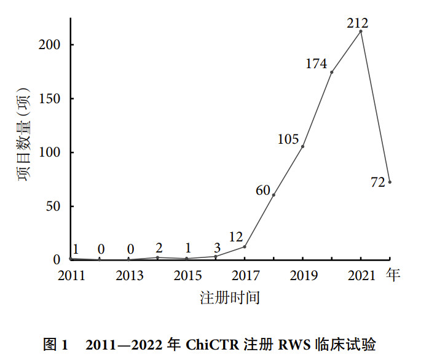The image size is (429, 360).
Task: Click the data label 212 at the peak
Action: click(x=357, y=23)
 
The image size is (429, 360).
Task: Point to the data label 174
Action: click(x=315, y=63)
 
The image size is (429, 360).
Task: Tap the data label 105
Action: click(x=288, y=139)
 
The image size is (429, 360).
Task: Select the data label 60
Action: click(x=263, y=190)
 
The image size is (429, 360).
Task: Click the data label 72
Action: click(x=378, y=182)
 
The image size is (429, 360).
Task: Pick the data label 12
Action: click(x=236, y=237)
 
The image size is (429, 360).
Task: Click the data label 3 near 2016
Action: click(x=216, y=248)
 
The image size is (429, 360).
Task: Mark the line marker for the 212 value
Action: click(x=361, y=31)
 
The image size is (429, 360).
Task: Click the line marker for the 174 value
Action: click(x=332, y=72)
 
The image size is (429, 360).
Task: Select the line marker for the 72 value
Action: click(x=390, y=182)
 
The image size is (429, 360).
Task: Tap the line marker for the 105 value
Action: click(x=303, y=146)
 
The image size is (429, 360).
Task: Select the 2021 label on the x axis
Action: click(x=361, y=276)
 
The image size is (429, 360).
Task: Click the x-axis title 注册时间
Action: click(x=230, y=298)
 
